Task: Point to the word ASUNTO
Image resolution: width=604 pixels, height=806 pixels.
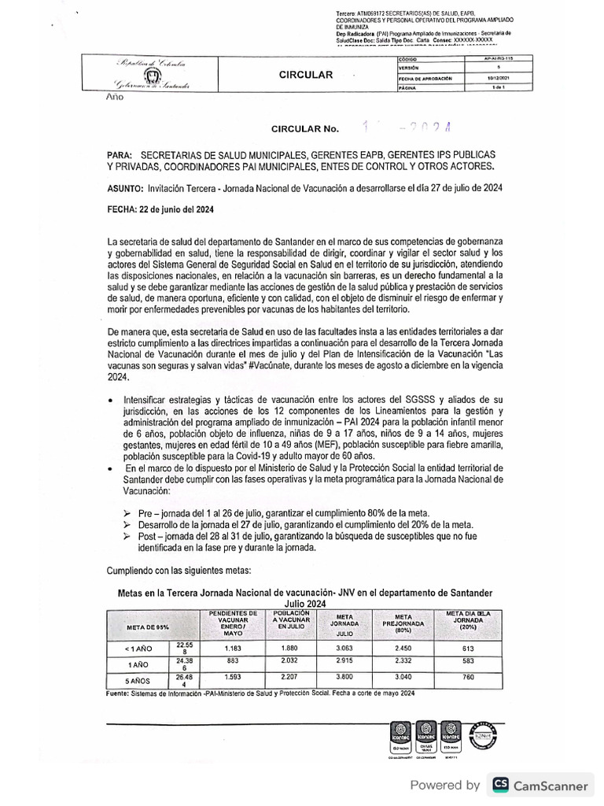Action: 125,189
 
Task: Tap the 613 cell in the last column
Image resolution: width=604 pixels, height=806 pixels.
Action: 469,647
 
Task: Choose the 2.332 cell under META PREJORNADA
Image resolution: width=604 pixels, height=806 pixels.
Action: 403,662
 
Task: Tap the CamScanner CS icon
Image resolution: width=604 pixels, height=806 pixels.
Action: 500,785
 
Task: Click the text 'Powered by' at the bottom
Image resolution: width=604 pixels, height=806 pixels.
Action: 444,785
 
